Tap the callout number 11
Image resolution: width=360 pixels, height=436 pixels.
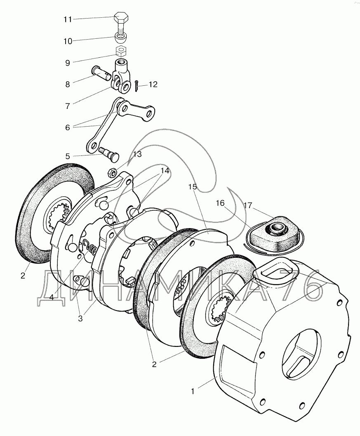coord(68,19)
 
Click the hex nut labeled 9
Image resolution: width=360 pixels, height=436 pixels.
coord(121,52)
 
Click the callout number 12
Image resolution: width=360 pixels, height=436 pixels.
coord(153,84)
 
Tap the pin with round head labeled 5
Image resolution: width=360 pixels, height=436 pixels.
coord(109,153)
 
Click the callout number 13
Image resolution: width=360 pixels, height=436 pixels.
coord(137,154)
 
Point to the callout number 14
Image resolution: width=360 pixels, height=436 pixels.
coord(165,171)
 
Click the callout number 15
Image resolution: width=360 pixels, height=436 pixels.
coord(192,186)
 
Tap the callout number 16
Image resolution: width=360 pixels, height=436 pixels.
coord(220,203)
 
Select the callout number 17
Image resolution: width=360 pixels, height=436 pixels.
coord(248,205)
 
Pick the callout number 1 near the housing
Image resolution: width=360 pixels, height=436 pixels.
coord(193,391)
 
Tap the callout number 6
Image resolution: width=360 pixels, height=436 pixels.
coord(68,127)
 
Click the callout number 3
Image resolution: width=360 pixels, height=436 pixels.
coord(80,319)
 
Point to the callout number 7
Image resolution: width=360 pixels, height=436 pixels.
coord(68,106)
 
